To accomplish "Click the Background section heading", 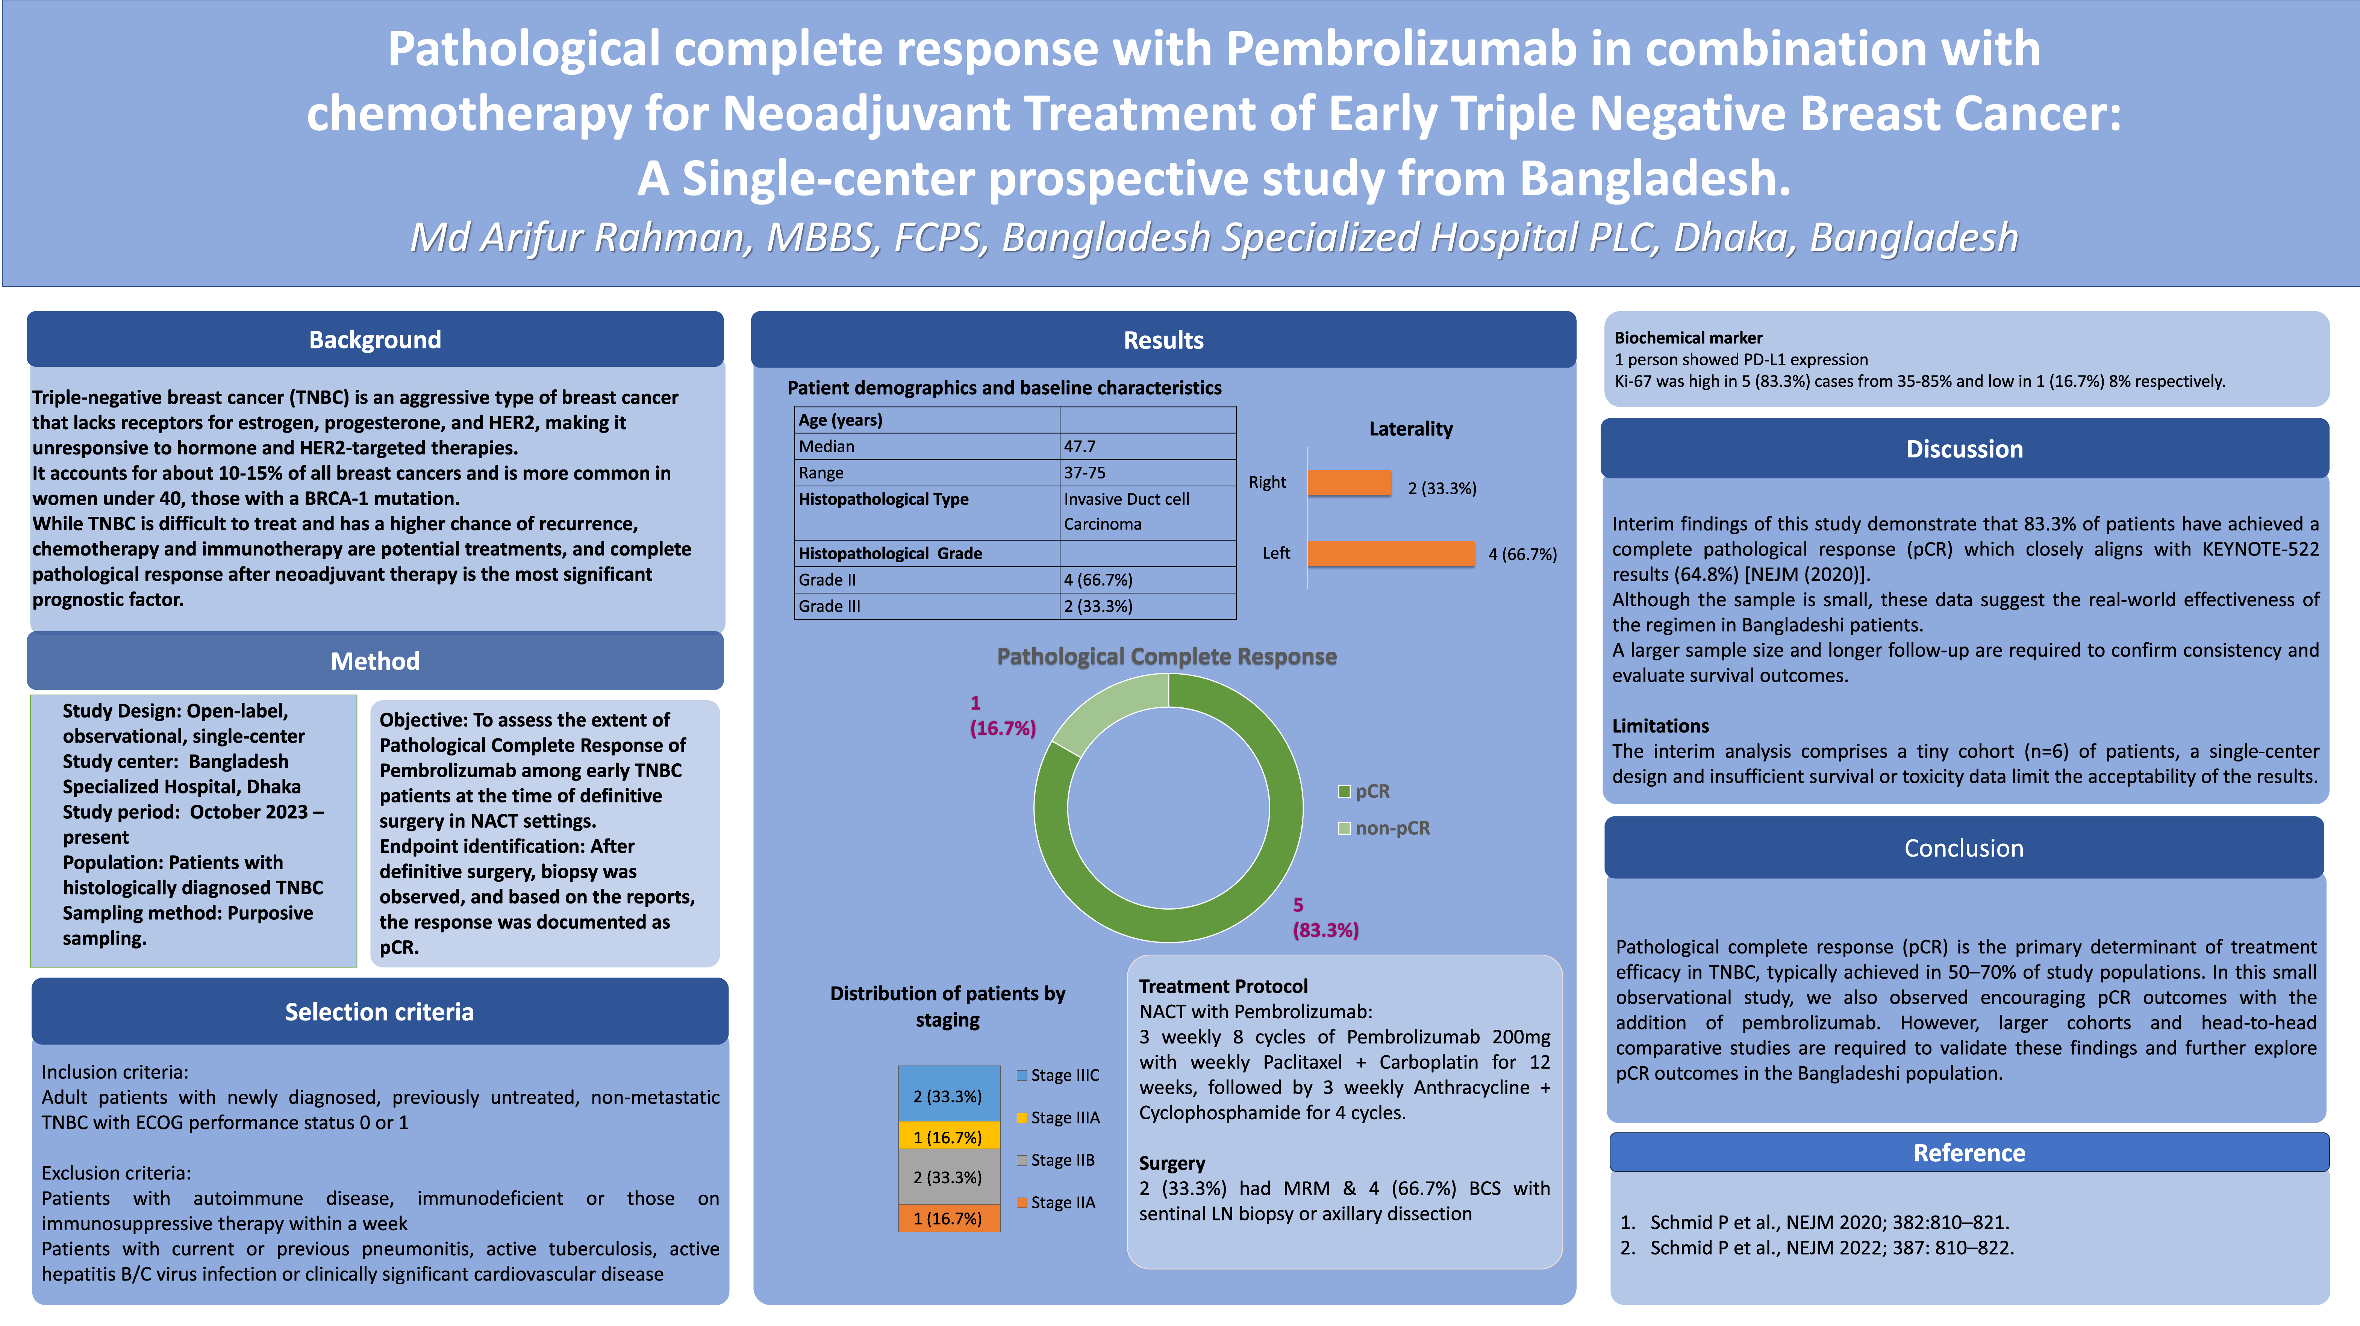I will pos(375,340).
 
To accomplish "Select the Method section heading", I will pos(375,661).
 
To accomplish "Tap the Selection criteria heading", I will pos(379,1012).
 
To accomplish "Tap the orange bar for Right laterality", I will pos(1350,483).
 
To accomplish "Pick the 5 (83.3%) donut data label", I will pos(1325,917).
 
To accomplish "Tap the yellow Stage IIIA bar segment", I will pos(948,1137).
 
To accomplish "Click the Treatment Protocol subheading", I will pos(1223,986).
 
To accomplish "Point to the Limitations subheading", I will pos(1660,726).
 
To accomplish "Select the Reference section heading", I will pos(1969,1153).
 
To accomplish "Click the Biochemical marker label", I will pos(1687,338).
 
